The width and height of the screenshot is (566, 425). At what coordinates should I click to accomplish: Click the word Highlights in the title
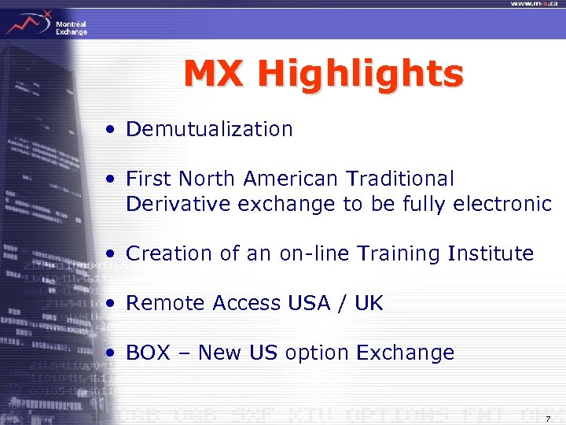coord(360,76)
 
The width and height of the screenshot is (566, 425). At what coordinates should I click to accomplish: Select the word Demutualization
coord(209,129)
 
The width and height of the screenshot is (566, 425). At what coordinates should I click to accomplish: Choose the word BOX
coord(148,353)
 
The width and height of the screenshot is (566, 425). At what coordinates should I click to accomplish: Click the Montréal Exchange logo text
coord(71,28)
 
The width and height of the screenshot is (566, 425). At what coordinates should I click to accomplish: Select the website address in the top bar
coord(535,4)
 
